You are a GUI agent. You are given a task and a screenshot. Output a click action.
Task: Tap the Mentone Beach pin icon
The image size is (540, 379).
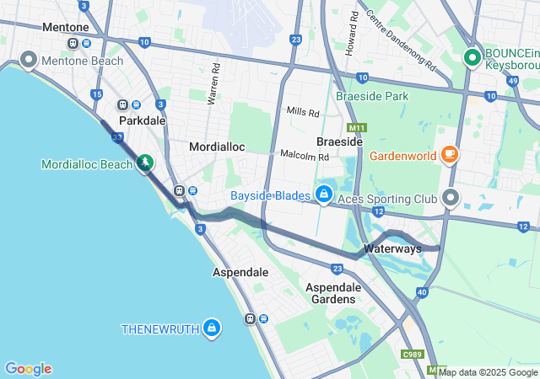[x=28, y=60]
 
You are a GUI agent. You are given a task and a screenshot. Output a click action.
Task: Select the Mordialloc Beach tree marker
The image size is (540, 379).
[x=146, y=162]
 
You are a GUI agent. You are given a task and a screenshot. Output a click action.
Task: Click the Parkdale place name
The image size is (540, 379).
[x=142, y=120]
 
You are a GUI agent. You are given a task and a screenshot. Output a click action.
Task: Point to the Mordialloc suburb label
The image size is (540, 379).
[x=217, y=147]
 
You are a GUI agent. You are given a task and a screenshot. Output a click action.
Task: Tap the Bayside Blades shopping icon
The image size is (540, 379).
[x=323, y=195]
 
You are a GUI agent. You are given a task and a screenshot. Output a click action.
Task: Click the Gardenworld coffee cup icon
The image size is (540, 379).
[x=450, y=154]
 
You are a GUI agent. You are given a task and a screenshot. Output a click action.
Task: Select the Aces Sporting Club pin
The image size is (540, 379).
[x=451, y=198]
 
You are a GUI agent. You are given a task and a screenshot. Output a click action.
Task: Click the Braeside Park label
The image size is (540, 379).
[x=372, y=96]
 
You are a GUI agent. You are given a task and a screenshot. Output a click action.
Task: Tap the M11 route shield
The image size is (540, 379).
[x=358, y=128]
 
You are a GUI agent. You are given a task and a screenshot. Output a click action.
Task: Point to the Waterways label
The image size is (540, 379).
[x=392, y=249]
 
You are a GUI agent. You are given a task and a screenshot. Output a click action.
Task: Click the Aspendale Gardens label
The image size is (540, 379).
[x=333, y=293]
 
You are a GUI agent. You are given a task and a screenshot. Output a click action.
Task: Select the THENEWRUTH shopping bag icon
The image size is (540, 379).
[x=212, y=327]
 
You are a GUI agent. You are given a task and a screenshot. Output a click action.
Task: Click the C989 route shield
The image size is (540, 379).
[x=413, y=355]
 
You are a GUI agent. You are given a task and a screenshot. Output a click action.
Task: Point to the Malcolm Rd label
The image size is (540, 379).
[x=305, y=156]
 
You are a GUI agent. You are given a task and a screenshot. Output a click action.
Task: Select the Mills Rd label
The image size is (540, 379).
[x=303, y=112]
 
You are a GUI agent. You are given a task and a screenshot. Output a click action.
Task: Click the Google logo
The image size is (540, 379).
[x=28, y=369]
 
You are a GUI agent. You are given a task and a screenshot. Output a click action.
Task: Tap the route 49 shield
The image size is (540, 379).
[x=514, y=81]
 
